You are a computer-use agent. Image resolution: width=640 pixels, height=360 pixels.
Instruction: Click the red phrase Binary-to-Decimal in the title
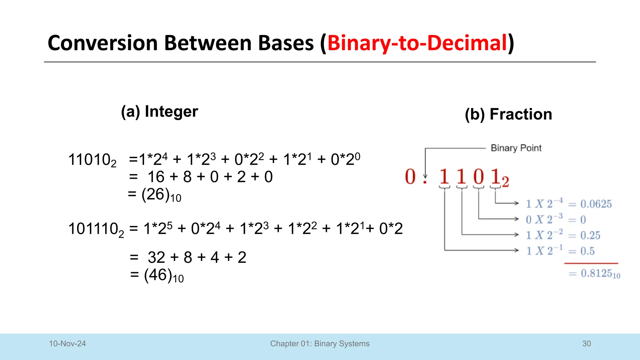point(417,43)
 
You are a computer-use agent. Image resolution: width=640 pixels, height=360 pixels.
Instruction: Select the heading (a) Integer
point(159,112)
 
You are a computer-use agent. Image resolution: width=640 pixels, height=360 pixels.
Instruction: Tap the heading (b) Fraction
point(508,114)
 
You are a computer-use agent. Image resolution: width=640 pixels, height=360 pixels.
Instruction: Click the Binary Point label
point(516,148)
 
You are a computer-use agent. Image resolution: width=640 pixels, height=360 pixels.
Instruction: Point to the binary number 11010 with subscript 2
point(92,160)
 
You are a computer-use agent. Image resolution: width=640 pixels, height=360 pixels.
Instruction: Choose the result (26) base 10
point(161,195)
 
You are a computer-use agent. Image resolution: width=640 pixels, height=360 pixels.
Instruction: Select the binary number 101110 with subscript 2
point(96,229)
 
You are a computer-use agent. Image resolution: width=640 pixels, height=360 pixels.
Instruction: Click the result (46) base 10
point(164,276)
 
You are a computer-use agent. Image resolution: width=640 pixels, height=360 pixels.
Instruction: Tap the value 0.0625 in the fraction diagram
point(596,204)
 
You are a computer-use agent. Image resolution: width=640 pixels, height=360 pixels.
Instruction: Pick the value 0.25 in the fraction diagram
point(590,235)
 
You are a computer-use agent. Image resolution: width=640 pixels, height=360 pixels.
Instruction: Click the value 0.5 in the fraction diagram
point(587,251)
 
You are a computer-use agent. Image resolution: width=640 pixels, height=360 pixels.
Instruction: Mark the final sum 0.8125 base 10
point(600,274)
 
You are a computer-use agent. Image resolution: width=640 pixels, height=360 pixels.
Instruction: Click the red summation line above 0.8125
point(591,263)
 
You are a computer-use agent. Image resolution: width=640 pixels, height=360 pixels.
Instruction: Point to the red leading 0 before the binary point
point(410,177)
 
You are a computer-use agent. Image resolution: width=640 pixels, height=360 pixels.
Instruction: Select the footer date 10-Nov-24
point(67,344)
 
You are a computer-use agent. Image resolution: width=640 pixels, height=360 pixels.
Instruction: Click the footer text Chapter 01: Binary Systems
point(320,344)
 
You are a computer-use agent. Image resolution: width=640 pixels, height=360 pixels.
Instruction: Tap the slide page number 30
point(586,344)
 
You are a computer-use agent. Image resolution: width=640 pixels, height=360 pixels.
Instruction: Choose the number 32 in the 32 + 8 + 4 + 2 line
point(156,257)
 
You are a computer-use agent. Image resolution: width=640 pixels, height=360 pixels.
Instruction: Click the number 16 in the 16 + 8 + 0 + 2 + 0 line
point(156,177)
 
